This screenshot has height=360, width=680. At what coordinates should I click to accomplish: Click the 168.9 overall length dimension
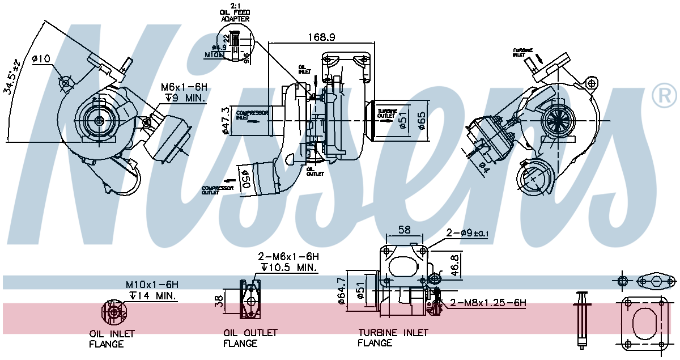coord(322,37)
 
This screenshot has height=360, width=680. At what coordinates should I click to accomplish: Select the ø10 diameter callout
coord(41,58)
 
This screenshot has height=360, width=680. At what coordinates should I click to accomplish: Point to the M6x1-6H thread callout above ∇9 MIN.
coord(184,87)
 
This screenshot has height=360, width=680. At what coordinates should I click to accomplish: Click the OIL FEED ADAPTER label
coord(235,15)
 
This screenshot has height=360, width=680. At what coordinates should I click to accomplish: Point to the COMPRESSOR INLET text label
coord(252,115)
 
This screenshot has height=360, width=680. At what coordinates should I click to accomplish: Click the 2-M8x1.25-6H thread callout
coord(488,303)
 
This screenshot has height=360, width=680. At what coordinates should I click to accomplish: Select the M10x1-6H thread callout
coord(152,284)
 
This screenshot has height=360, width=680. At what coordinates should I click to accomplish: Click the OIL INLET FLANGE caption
coord(112,338)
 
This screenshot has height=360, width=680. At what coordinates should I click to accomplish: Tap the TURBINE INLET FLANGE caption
coord(393,337)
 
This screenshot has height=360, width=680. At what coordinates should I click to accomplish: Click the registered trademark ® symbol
coord(664,95)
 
